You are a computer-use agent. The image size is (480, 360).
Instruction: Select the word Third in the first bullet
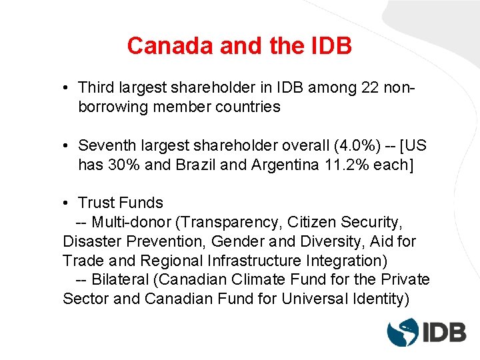tap(96, 87)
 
